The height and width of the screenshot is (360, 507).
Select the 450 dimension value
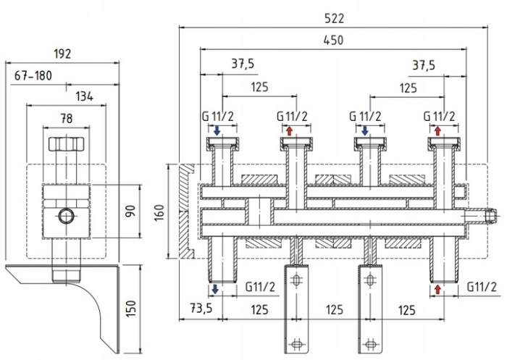(x=333, y=40)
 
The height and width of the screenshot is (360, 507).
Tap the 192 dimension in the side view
(x=62, y=52)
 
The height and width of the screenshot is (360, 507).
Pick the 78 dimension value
(x=67, y=119)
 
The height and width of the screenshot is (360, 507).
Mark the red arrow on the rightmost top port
(x=438, y=130)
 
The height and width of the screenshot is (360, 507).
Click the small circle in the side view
(x=67, y=215)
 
